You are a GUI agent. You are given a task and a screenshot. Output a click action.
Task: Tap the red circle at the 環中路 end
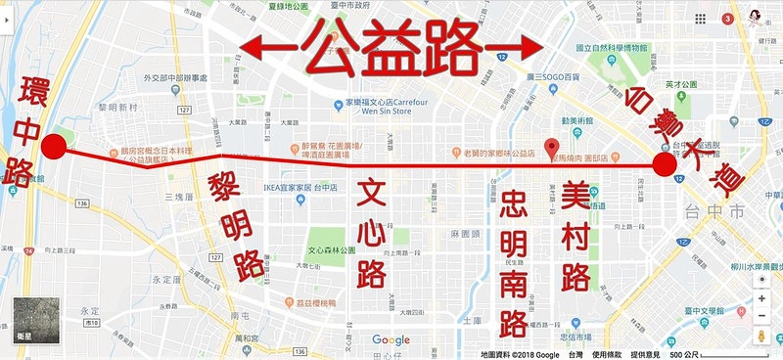click(x=54, y=148)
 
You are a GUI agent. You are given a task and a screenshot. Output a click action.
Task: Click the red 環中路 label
click(x=21, y=127)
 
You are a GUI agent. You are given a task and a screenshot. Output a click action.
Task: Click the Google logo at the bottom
click(x=391, y=338)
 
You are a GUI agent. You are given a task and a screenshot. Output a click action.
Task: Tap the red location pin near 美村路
click(x=552, y=142)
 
